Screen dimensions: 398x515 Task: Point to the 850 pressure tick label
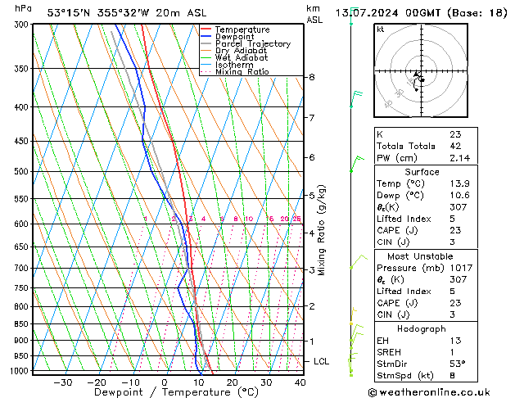coord(20,324)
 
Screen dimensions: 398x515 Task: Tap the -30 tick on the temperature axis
coord(62,382)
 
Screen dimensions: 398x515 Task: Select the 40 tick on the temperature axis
coord(300,382)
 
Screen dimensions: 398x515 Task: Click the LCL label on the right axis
coord(322,361)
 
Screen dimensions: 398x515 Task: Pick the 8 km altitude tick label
coord(311,77)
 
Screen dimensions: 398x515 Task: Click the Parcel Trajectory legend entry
coord(252,44)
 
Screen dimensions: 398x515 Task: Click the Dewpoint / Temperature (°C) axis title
coord(165,392)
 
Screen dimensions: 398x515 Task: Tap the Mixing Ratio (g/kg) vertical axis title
coord(322,230)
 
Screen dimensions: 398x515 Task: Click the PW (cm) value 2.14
coord(459,158)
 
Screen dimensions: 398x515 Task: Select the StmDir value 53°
coord(458,364)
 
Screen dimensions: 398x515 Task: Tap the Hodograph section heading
coord(422,328)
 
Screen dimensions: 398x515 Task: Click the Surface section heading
coord(422,172)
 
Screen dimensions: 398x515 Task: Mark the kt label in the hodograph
coord(381,29)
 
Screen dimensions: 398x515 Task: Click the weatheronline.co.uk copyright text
coord(440,391)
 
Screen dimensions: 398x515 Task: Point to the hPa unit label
coord(24,8)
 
